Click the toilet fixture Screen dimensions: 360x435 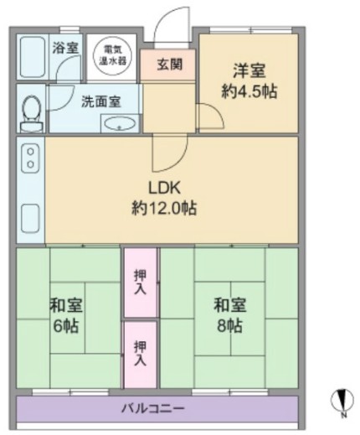tap(33, 113)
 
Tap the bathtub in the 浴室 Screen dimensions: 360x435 tap(33, 57)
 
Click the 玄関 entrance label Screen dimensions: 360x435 tap(169, 65)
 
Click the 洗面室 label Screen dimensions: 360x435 tap(101, 101)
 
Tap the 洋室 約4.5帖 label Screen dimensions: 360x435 tap(249, 81)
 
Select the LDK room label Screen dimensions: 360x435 tap(164, 198)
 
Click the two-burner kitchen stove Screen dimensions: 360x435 tap(30, 158)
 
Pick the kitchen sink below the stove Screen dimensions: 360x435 tap(30, 218)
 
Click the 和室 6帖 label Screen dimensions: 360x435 tap(66, 315)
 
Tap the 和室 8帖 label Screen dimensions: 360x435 tap(229, 315)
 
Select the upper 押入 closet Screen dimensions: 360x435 tap(141, 282)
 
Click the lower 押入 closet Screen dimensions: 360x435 tap(141, 355)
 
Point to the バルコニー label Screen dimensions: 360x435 tap(153, 408)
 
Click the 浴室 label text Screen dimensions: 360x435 tap(65, 48)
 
